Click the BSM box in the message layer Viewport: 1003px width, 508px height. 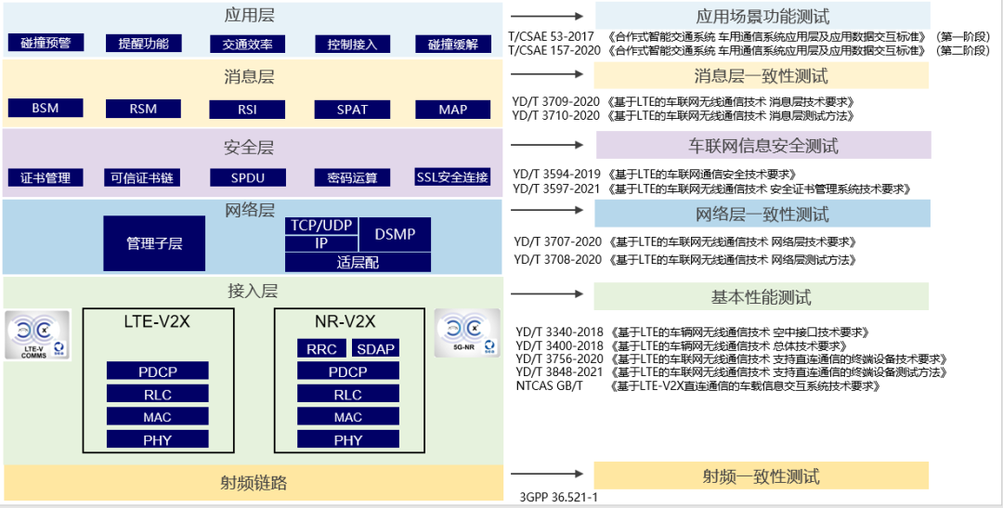pyautogui.click(x=46, y=109)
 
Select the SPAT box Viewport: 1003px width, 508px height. pyautogui.click(x=352, y=110)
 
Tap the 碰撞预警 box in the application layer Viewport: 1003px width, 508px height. pyautogui.click(x=46, y=44)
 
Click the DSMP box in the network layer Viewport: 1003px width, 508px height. pyautogui.click(x=395, y=234)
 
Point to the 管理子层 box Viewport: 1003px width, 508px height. pyautogui.click(x=154, y=243)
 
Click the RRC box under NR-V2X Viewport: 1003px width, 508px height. pyautogui.click(x=322, y=349)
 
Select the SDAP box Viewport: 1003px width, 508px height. pyautogui.click(x=375, y=349)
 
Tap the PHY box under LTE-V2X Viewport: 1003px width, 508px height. pyautogui.click(x=158, y=439)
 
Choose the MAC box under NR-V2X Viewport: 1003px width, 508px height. pyautogui.click(x=348, y=418)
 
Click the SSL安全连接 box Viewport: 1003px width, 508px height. pyautogui.click(x=452, y=177)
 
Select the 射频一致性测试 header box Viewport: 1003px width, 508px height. pyautogui.click(x=761, y=476)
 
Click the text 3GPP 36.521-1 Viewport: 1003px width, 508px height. pyautogui.click(x=558, y=498)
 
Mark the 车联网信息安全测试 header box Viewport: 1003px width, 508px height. pyautogui.click(x=762, y=146)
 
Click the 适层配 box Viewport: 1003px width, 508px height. pyautogui.click(x=358, y=262)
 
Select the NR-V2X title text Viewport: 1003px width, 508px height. pyautogui.click(x=345, y=321)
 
